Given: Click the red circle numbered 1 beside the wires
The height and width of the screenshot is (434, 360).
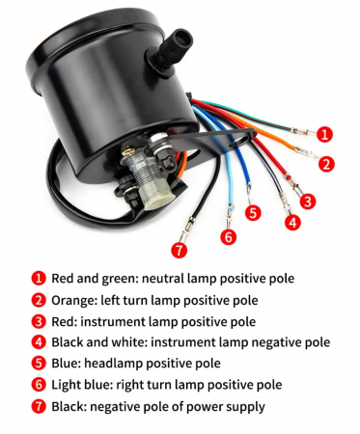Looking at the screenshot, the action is coord(324,134).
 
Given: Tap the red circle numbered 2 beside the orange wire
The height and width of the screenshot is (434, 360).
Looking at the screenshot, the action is coord(326,164).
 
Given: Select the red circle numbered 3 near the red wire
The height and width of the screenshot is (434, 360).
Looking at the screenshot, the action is coord(308,202).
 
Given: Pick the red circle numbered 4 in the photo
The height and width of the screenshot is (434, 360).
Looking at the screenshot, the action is coord(292,222).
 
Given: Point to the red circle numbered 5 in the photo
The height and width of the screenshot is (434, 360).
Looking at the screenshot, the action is coord(253,213).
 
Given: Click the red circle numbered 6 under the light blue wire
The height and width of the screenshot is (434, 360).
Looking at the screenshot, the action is coord(229,237).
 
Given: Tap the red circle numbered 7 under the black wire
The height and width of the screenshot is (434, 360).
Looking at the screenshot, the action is coord(180,250).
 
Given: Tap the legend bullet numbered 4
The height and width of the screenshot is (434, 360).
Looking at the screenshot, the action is coord(39,341).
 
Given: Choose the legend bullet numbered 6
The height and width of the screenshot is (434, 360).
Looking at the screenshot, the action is coord(39,384).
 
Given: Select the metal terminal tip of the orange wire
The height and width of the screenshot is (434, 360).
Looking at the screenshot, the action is coord(306,152).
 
